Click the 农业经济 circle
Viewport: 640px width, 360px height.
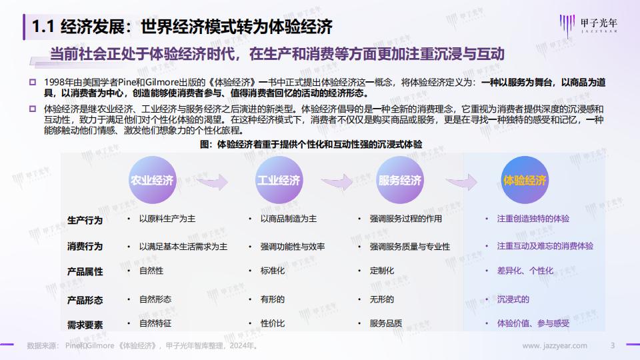click(x=152, y=180)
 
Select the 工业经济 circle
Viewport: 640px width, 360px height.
click(x=279, y=180)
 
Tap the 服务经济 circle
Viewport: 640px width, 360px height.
click(x=400, y=180)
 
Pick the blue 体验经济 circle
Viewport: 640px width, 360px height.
click(x=525, y=180)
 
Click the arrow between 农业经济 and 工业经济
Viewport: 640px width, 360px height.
click(x=213, y=182)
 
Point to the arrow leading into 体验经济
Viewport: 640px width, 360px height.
click(x=461, y=182)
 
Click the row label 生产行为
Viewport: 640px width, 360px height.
click(x=85, y=221)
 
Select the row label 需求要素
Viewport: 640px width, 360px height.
click(x=85, y=325)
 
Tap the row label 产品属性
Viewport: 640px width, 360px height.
click(x=85, y=271)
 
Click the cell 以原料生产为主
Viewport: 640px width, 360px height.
click(x=167, y=219)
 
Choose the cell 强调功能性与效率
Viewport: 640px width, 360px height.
click(x=293, y=247)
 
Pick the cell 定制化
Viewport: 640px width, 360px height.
click(x=382, y=271)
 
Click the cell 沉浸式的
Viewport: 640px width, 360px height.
click(x=513, y=299)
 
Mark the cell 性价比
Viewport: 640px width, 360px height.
click(x=273, y=323)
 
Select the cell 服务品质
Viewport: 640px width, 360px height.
click(x=386, y=323)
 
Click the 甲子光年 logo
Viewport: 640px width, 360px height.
click(x=588, y=25)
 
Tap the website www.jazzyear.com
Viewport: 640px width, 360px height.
click(x=555, y=346)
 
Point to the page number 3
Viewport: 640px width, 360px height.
click(x=613, y=346)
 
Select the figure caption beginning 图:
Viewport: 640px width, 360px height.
click(x=311, y=144)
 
